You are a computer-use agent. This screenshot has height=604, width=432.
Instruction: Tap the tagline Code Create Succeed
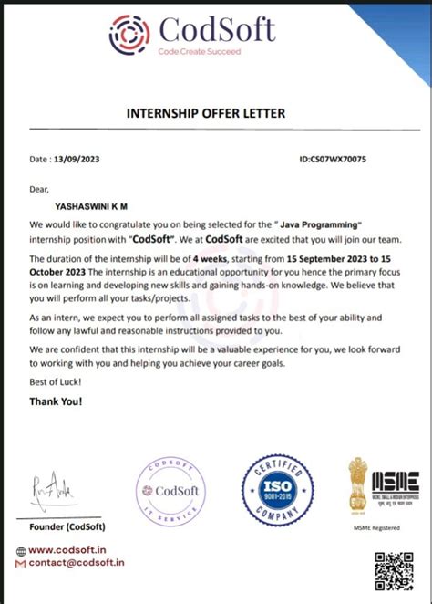199,52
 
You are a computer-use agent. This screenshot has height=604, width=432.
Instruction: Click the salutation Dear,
38,189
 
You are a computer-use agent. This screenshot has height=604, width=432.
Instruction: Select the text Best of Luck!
54,383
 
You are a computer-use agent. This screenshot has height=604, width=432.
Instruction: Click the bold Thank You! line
56,401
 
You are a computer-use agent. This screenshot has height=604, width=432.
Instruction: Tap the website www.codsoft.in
68,550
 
